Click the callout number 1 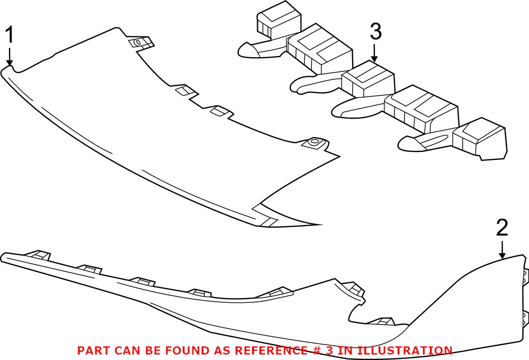coord(10,35)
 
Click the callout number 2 coord(502,228)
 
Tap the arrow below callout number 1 coord(10,56)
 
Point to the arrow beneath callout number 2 coord(503,250)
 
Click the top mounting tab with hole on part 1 coord(141,42)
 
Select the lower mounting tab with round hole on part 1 coord(315,143)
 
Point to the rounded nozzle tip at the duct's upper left coord(247,50)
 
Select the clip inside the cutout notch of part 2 coord(382,321)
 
